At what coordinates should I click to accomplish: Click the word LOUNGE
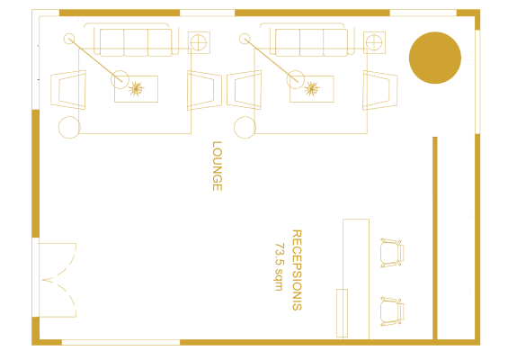[x=217, y=166]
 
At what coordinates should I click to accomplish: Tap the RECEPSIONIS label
[x=297, y=270]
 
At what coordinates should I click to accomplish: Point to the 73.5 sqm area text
[x=279, y=266]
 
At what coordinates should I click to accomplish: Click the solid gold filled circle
[x=435, y=58]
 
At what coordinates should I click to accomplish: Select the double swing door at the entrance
[x=58, y=280]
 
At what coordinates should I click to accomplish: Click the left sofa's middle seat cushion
[x=136, y=43]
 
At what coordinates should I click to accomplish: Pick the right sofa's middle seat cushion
[x=311, y=43]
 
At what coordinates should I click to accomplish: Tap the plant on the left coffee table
[x=136, y=89]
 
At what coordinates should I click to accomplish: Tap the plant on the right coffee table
[x=312, y=89]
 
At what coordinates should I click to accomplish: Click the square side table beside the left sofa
[x=199, y=42]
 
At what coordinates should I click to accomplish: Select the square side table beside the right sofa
[x=374, y=42]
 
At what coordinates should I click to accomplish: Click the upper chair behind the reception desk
[x=392, y=253]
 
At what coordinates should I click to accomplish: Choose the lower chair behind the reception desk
[x=392, y=311]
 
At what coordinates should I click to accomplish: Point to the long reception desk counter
[x=356, y=279]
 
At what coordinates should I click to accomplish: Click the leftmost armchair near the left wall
[x=68, y=90]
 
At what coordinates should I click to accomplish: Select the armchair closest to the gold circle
[x=379, y=90]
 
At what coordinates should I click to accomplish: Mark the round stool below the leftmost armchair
[x=69, y=127]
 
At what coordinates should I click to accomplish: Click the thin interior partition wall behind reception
[x=435, y=238]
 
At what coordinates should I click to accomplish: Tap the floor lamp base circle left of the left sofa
[x=69, y=39]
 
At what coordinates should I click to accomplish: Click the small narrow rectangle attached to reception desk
[x=342, y=313]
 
